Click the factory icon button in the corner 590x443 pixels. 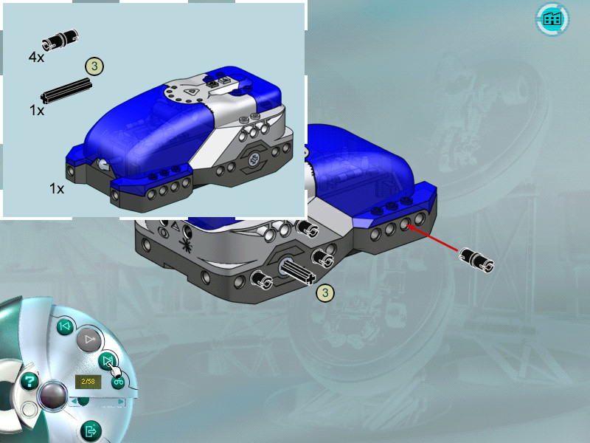pyautogui.click(x=552, y=19)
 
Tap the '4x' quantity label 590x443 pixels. pyautogui.click(x=36, y=58)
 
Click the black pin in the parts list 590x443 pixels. pyautogui.click(x=60, y=40)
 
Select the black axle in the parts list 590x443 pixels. pyautogui.click(x=66, y=91)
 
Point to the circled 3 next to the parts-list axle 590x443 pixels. pyautogui.click(x=94, y=66)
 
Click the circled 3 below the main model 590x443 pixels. pyautogui.click(x=325, y=292)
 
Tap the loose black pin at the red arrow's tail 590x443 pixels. pyautogui.click(x=476, y=260)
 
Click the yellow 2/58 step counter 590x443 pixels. pyautogui.click(x=88, y=382)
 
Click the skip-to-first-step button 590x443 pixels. pyautogui.click(x=65, y=326)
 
